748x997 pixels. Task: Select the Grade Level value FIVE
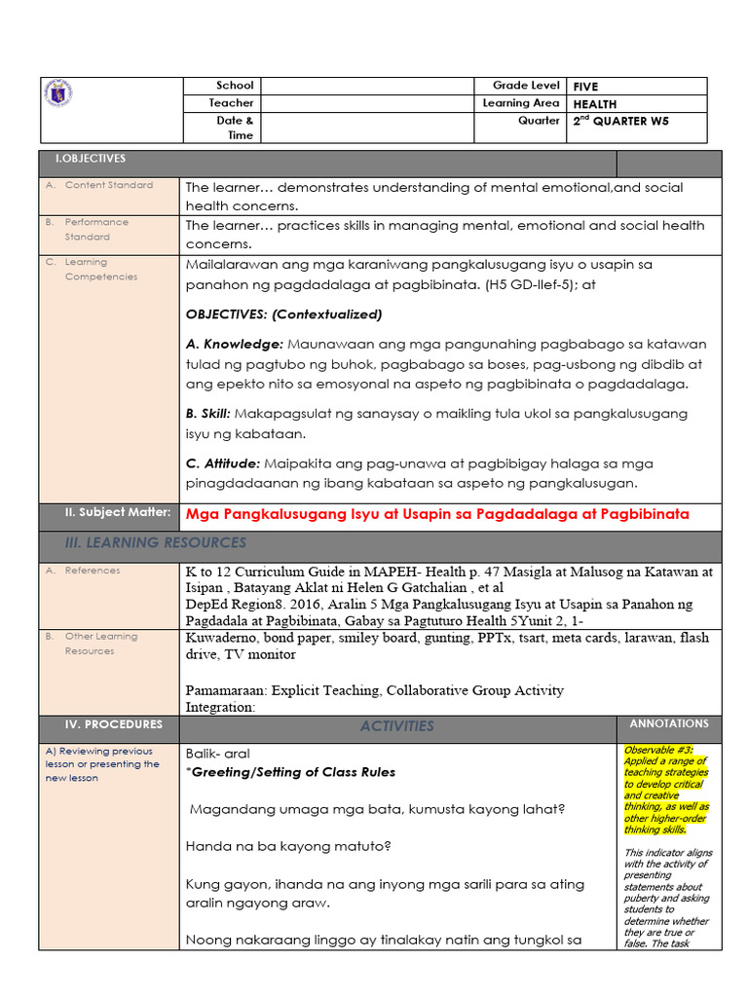[585, 87]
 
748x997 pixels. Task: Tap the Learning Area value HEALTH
[594, 104]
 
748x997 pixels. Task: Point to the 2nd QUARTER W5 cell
[620, 122]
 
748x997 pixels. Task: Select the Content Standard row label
[108, 185]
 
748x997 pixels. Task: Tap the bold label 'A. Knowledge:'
[234, 345]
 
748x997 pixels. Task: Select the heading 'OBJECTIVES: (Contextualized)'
[283, 314]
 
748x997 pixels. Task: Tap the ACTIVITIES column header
[396, 726]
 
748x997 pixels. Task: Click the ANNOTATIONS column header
[669, 724]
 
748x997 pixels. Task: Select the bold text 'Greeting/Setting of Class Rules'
[293, 772]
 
